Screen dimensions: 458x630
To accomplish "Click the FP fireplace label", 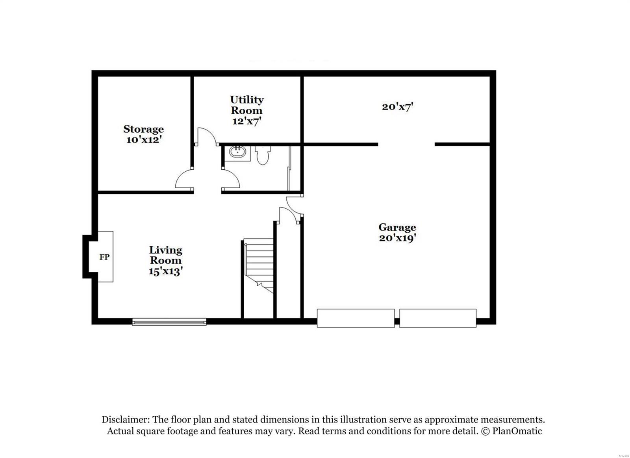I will pos(104,257).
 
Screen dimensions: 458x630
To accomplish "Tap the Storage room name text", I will pos(143,129).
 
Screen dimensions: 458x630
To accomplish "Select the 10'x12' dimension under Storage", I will pos(144,140).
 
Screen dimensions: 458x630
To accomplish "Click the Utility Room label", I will pos(247,105).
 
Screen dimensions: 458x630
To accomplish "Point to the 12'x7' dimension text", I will pos(247,121).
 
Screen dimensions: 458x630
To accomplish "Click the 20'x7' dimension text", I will pos(397,107).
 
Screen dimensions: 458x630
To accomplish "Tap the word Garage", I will pos(397,227).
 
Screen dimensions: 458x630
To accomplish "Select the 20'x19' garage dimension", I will pos(397,238).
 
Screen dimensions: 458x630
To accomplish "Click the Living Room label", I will pos(165,255).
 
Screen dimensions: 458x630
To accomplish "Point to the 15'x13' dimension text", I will pos(165,271).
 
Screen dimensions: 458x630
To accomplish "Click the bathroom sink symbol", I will pos(237,152).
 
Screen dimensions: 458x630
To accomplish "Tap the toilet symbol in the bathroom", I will pos(262,155).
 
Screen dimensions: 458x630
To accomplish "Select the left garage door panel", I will pos(356,318).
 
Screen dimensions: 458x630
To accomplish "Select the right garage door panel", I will pos(438,318).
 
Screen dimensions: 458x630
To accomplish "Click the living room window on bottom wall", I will pos(169,322).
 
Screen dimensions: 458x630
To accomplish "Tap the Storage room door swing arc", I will pos(183,179).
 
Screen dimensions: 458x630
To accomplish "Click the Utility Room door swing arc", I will pos(206,135).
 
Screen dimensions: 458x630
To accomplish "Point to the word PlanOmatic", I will pos(517,431).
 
